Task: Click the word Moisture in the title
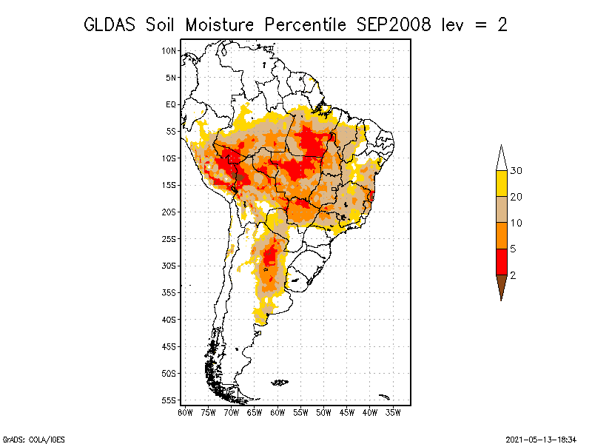point(219,25)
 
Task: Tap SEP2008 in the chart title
point(394,25)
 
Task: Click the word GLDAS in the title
point(110,25)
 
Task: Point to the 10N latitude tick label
point(169,50)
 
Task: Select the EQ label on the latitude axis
point(171,104)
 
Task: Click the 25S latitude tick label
point(169,239)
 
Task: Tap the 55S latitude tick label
point(169,400)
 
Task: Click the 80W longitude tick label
point(185,413)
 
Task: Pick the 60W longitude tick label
point(277,413)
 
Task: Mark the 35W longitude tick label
point(393,413)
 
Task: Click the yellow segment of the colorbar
point(502,184)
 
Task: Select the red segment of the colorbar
point(502,262)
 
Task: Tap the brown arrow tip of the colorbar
point(502,287)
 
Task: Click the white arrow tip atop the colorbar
point(502,159)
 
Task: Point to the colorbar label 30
point(516,171)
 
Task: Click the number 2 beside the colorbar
point(513,275)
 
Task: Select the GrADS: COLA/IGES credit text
point(33,440)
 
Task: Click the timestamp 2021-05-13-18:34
point(541,440)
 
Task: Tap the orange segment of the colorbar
point(502,236)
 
